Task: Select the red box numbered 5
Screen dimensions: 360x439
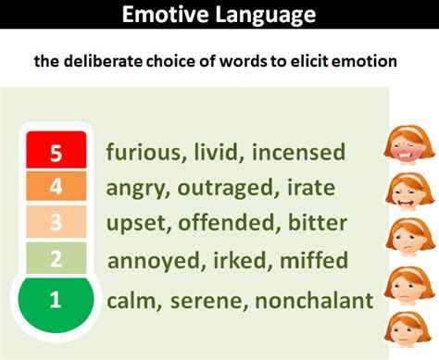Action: (55, 152)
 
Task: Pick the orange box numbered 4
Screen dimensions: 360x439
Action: (55, 187)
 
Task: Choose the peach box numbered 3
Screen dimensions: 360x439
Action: (55, 223)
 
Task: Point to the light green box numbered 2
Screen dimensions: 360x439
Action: (55, 259)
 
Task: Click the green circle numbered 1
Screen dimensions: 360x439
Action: (55, 298)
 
